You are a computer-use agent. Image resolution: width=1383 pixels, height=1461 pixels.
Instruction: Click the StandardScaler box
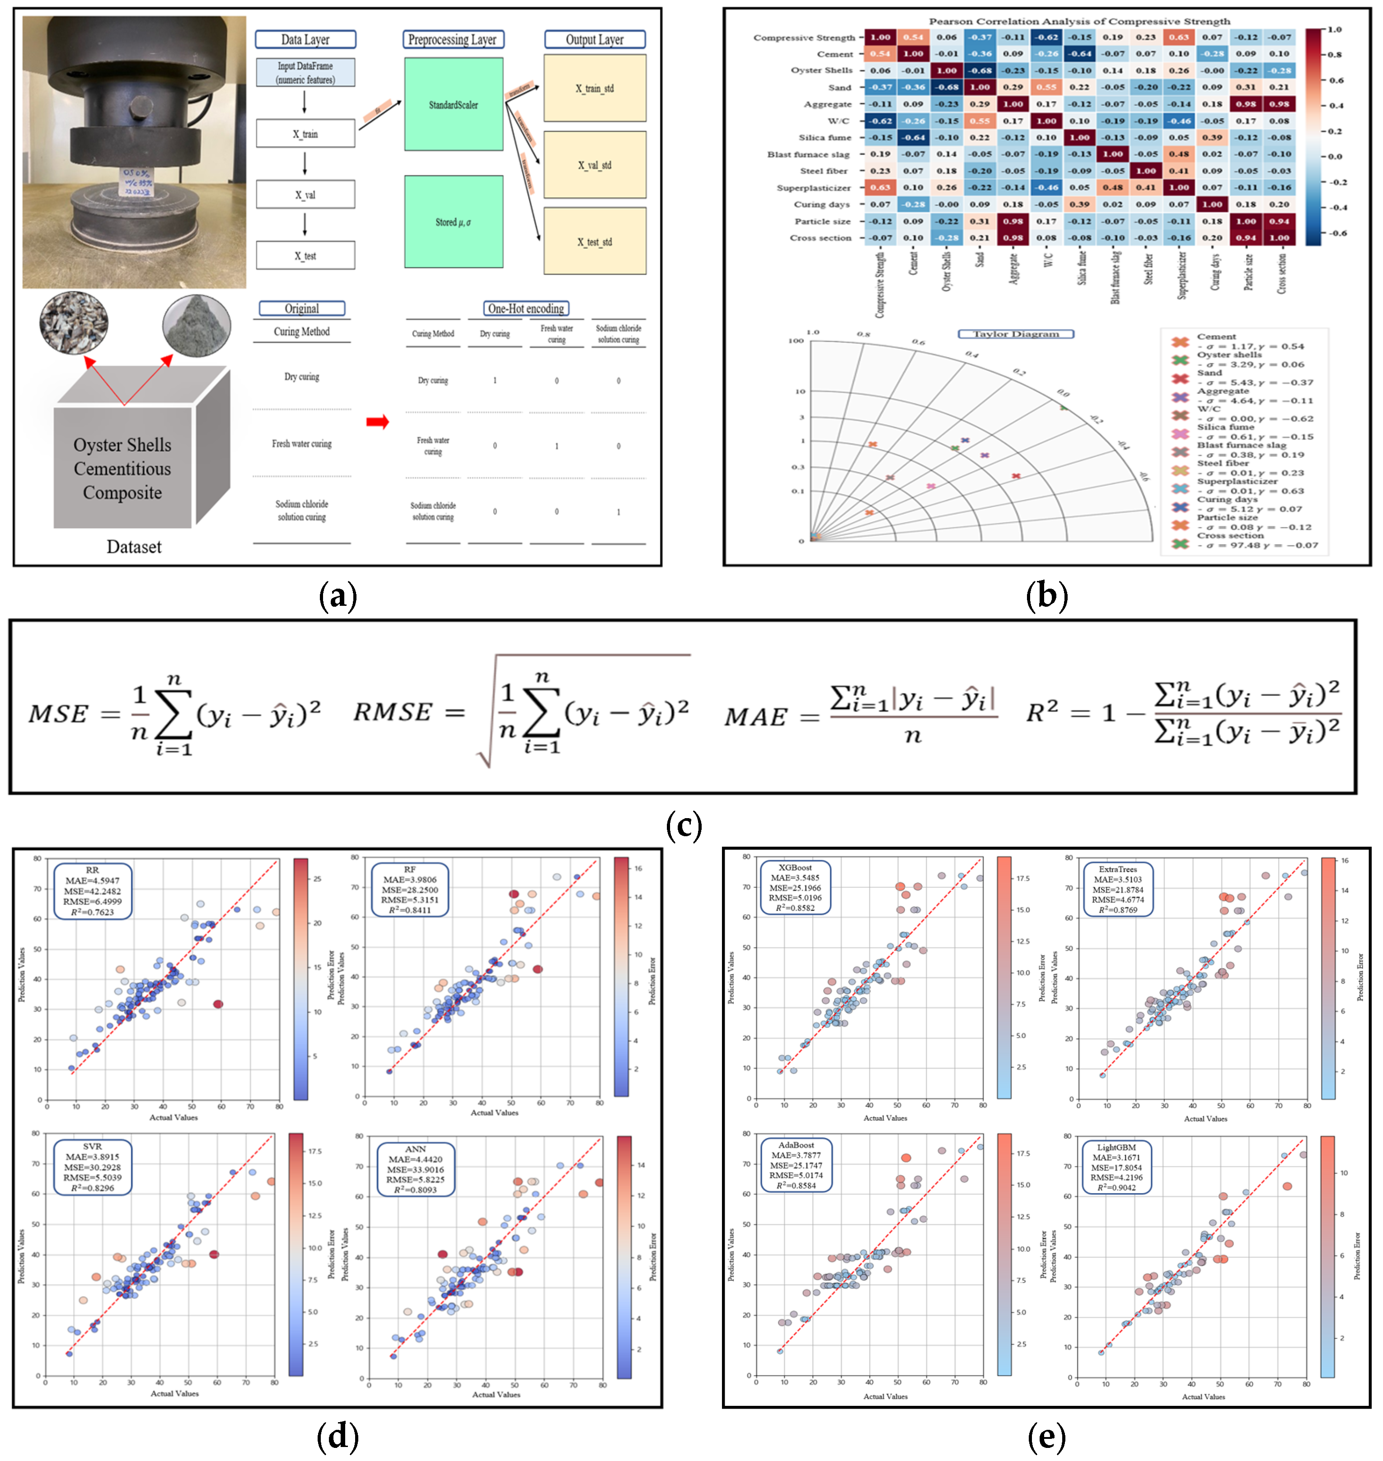(x=453, y=105)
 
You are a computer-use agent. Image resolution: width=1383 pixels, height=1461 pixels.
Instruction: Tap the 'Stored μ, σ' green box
(x=453, y=222)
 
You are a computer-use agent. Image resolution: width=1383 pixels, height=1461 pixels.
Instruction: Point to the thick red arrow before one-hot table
(x=377, y=421)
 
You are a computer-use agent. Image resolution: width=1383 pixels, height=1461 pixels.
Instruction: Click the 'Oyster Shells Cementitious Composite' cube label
(x=122, y=469)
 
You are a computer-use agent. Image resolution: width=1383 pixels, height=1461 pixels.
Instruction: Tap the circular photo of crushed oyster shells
(x=74, y=322)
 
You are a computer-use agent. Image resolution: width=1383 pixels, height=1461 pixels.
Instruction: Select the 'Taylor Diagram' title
(x=1015, y=334)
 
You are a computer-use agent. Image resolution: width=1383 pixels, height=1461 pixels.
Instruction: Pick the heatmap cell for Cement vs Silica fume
(x=1080, y=54)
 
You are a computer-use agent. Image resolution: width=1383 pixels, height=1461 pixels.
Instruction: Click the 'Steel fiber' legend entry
(x=1224, y=464)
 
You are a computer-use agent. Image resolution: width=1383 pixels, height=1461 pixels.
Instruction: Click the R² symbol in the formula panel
(x=1042, y=712)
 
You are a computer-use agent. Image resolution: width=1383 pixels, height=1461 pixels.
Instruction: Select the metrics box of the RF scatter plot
(x=410, y=890)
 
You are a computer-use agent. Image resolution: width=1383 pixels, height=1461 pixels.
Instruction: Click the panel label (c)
(x=684, y=825)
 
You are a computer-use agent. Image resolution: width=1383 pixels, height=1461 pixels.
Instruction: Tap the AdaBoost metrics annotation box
(x=796, y=1165)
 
